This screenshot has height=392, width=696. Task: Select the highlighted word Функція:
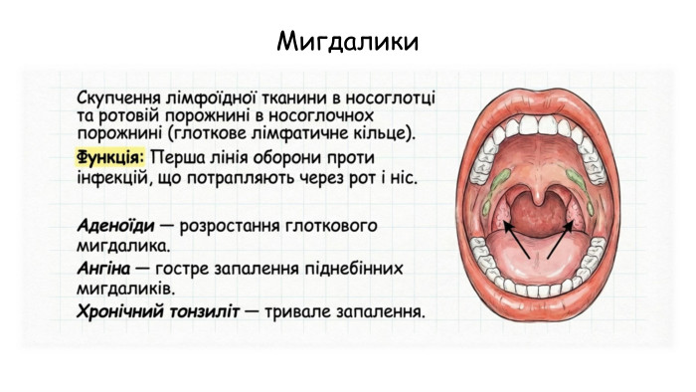coord(110,158)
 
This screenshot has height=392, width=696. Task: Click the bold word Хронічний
coord(121,312)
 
